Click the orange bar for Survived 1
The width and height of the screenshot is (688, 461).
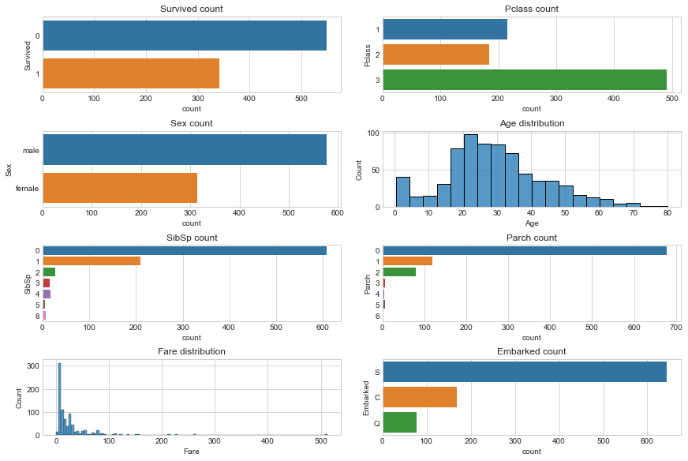pos(130,73)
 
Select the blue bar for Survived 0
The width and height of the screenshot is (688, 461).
pos(184,36)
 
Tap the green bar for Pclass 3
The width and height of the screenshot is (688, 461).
pos(524,80)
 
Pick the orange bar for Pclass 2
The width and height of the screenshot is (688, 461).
pos(436,54)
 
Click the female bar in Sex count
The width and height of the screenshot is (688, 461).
pos(119,188)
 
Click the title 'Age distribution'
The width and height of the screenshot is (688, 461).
pos(531,123)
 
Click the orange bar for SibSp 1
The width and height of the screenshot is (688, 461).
pos(92,260)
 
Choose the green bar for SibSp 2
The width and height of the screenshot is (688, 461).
pos(49,272)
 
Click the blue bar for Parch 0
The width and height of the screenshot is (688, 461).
pos(524,250)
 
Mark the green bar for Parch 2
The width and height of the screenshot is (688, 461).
pos(399,272)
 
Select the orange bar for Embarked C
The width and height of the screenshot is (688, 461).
pos(419,397)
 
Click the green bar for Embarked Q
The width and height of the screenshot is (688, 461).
pos(399,422)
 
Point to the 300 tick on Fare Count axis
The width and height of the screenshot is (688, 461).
pos(32,366)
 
